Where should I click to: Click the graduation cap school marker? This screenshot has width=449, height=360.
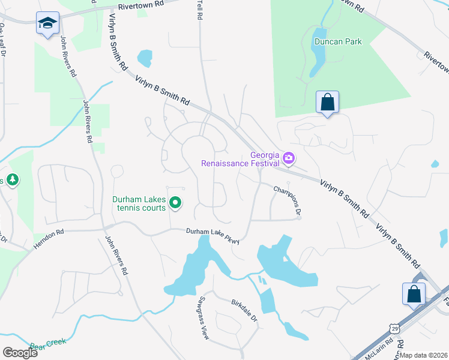pos(47,23)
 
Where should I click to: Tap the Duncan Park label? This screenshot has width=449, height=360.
pos(339,42)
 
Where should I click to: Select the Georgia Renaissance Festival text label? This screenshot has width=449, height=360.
pos(240,158)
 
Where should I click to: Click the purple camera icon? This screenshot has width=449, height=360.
pos(289,158)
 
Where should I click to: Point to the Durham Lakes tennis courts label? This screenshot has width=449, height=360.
pos(139,204)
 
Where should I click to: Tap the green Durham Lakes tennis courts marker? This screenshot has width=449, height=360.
pos(175,204)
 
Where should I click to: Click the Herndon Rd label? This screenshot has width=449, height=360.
pos(49,233)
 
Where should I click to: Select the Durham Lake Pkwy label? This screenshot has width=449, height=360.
pos(212,235)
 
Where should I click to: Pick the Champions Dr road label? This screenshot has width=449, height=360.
pos(286,200)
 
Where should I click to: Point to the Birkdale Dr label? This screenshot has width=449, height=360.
pos(244,308)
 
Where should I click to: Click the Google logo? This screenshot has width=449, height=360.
pos(20,352)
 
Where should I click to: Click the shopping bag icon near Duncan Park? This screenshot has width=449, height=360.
pos(328,102)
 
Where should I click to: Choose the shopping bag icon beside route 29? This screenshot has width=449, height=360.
pos(414,294)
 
